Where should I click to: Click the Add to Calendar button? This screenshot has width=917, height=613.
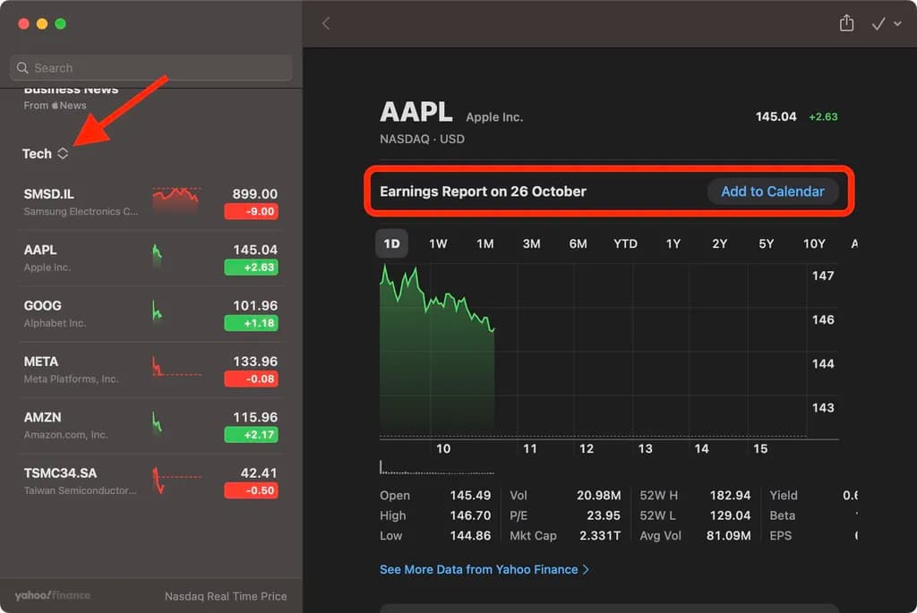(773, 192)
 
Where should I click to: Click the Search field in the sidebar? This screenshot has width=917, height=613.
(150, 68)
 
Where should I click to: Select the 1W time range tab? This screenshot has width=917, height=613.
(438, 243)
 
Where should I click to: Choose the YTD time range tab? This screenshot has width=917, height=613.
(625, 243)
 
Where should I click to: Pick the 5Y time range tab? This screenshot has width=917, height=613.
(766, 243)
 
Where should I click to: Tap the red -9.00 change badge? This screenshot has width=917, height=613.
(251, 212)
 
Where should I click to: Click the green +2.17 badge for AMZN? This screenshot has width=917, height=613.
(251, 435)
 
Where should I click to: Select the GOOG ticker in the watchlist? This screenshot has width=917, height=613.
(43, 306)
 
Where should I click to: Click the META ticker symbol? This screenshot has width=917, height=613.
(41, 362)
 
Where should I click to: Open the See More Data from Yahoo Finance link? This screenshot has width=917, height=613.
(484, 569)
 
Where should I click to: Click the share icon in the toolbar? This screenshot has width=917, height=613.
(846, 24)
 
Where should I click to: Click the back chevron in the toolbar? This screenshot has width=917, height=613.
(326, 24)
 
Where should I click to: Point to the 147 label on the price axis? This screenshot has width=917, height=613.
(823, 276)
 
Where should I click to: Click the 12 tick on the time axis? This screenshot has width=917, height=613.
(587, 448)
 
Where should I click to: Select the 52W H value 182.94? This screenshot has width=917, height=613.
(729, 495)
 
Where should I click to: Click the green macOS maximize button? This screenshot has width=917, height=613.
(60, 24)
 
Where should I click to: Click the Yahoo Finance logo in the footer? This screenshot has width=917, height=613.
(52, 595)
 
